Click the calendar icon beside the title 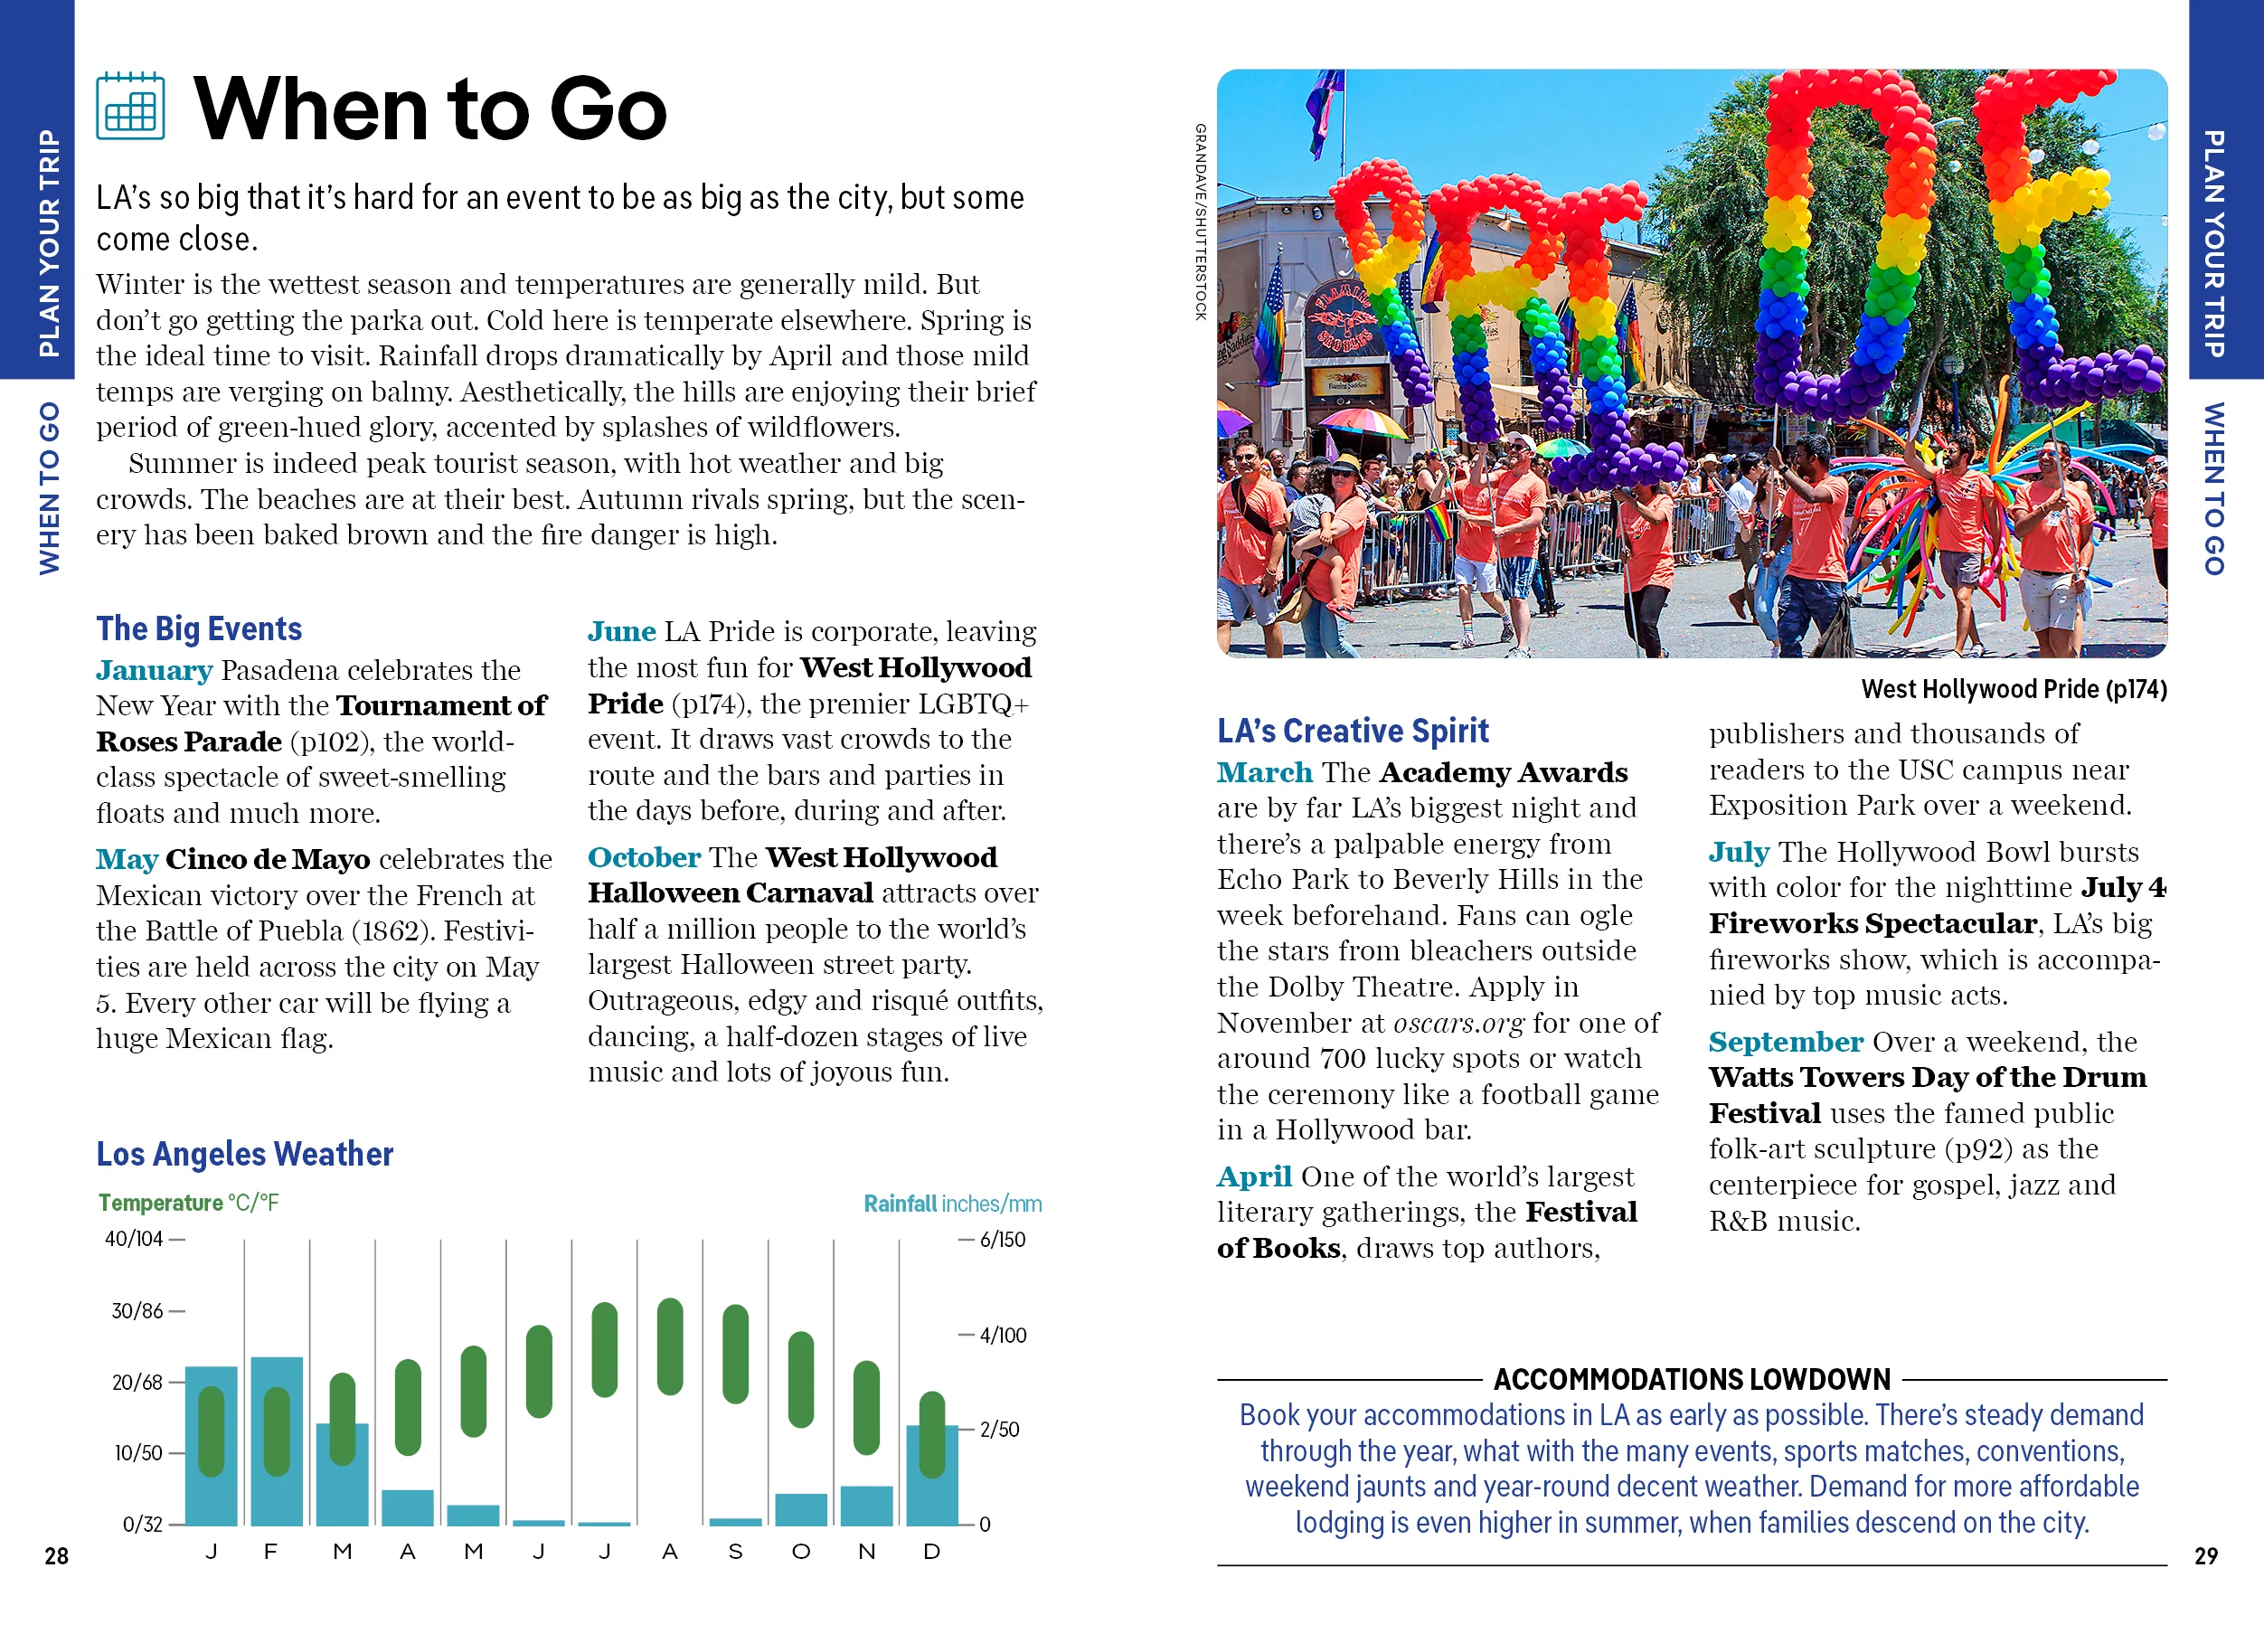[130, 107]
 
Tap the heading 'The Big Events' [199, 628]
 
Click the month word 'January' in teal [154, 670]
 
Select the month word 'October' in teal [644, 857]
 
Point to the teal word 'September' [1785, 1042]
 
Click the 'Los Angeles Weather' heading [244, 1154]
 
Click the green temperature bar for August [670, 1346]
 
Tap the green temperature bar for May [473, 1392]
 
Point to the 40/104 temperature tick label [134, 1240]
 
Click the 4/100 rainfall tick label [1002, 1336]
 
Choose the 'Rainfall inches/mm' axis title [951, 1204]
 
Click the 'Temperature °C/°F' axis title [188, 1203]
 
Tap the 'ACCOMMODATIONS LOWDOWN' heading [1691, 1380]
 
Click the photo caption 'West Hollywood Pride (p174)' [2013, 689]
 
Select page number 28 [57, 1556]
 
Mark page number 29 [2205, 1556]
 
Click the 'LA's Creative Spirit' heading [1352, 731]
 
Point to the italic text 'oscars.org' [1457, 1023]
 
